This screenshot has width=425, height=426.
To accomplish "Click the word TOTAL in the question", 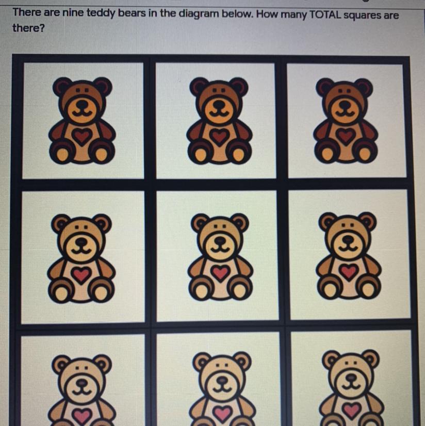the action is click(x=324, y=14).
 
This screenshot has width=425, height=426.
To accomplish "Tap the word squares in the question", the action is click(x=362, y=15).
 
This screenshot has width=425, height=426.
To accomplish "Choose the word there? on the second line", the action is click(x=28, y=28).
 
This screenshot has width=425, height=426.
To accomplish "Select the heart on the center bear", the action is click(x=221, y=272).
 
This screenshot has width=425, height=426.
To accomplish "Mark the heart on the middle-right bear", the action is click(x=349, y=271).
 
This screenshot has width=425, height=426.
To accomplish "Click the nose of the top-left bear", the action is click(x=81, y=105).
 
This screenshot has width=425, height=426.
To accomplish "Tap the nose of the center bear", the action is click(x=220, y=240).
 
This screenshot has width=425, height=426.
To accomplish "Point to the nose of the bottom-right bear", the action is click(x=351, y=378).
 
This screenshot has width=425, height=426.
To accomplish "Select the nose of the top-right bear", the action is click(x=345, y=104).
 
